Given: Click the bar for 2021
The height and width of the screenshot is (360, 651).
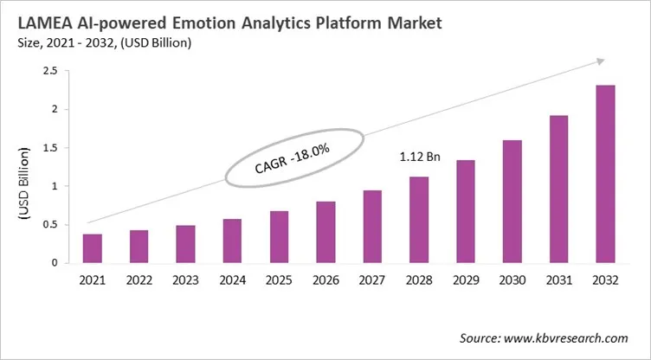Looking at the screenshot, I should [93, 248].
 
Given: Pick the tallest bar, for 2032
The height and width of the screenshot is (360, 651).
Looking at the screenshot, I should [606, 174].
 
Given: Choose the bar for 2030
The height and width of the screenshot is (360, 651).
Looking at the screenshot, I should [512, 202].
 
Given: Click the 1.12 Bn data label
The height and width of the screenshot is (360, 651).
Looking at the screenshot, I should [420, 158].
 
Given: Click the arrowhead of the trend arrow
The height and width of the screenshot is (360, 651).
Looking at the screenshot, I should [597, 61].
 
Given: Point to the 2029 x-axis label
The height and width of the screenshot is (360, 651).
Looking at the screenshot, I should [466, 281].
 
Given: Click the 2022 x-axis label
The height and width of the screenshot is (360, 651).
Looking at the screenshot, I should [139, 281].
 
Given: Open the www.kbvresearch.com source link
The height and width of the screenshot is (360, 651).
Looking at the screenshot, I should [568, 337].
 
